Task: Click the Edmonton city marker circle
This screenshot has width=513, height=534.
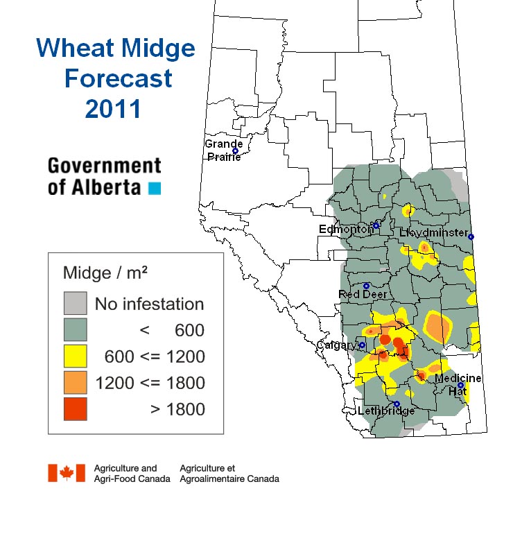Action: coord(376,225)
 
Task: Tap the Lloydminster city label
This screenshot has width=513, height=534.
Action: coord(434,233)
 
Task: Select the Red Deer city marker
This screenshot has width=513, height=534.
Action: coord(366,286)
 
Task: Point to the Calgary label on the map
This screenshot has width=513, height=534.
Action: coord(337,345)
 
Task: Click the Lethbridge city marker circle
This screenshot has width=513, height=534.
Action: coord(397,404)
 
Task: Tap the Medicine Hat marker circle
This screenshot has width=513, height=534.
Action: coord(460,385)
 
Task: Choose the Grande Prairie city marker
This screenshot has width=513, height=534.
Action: coord(235,151)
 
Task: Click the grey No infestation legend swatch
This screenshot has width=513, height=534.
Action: coord(76,303)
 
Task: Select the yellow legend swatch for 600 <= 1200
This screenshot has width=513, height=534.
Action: coord(76,356)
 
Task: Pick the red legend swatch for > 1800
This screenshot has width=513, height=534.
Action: coord(76,408)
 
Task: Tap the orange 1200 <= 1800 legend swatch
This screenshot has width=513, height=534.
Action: coord(76,382)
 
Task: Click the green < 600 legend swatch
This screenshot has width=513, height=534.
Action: coord(76,329)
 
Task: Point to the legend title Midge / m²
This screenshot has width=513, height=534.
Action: coord(105,273)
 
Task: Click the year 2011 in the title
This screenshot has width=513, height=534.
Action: coord(113,109)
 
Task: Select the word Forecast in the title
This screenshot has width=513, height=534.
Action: coord(118,78)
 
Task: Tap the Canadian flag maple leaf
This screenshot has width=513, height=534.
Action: coord(67,473)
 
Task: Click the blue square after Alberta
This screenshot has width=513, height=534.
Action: coord(155,189)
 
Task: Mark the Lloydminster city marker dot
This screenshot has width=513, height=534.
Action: coord(471,236)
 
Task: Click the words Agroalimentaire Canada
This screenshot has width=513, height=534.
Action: coord(229,479)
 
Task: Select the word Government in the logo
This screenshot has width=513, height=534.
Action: coord(105,166)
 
